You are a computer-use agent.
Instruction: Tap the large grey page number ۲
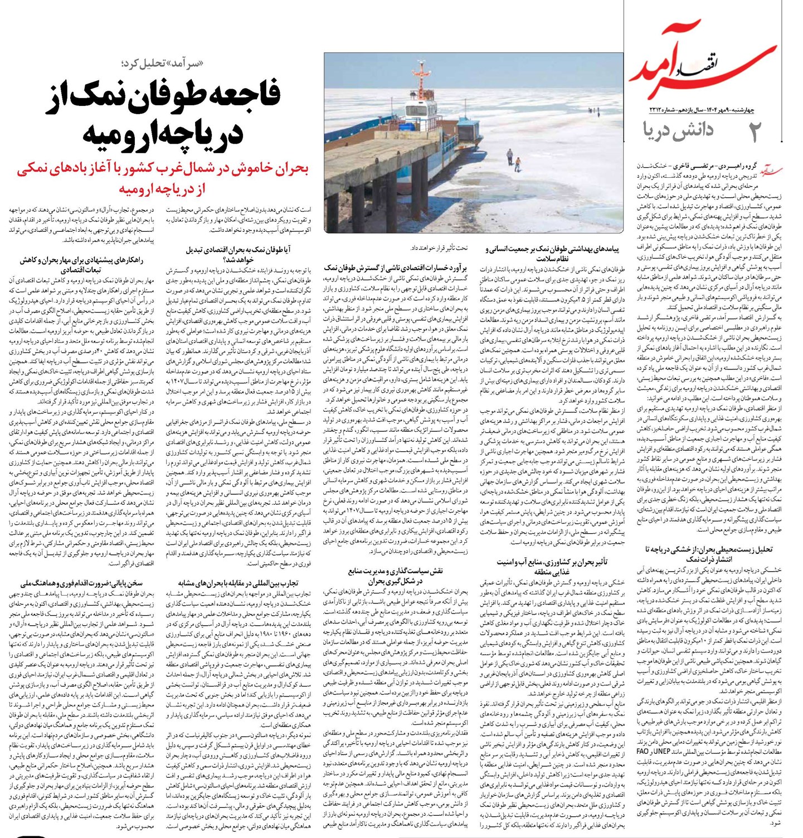click(755, 131)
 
